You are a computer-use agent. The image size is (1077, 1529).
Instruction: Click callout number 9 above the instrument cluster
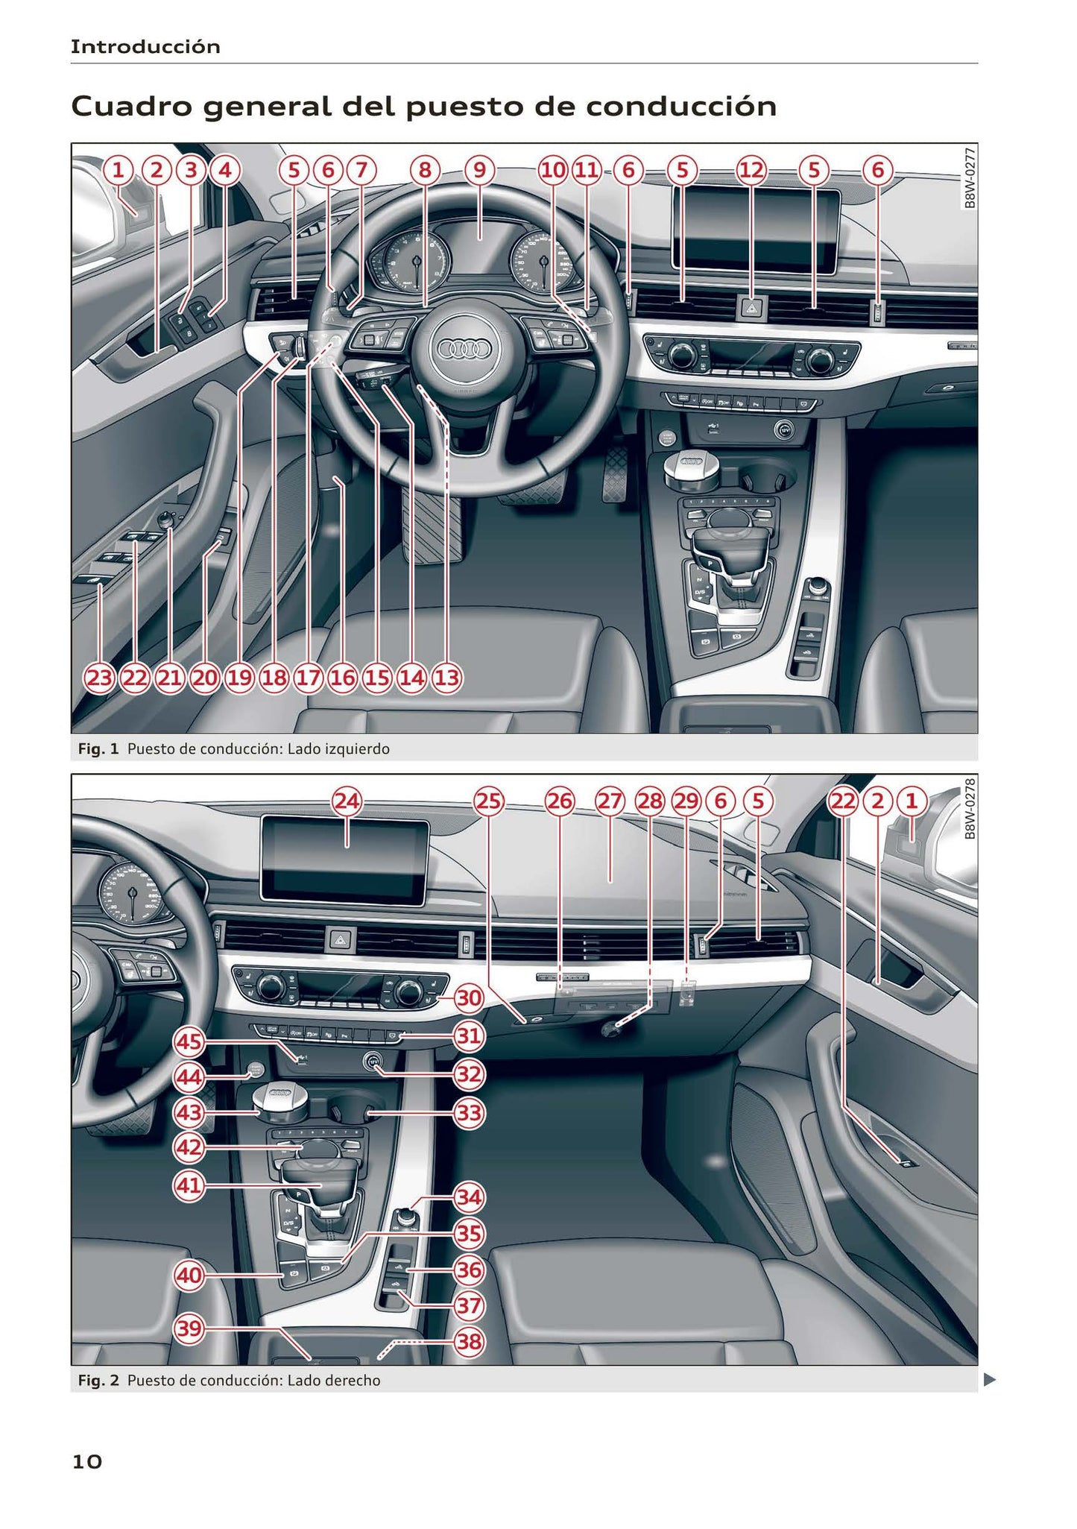tap(479, 171)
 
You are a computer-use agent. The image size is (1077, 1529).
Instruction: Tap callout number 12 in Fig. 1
tap(751, 171)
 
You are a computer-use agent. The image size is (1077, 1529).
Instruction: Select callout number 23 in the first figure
tap(99, 678)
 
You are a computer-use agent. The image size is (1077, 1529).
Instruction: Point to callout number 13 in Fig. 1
tap(446, 678)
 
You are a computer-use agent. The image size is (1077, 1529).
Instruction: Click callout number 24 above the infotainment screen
tap(347, 801)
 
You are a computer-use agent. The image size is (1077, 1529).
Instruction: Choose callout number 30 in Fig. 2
tap(469, 997)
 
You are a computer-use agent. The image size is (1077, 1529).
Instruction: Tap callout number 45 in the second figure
tap(189, 1041)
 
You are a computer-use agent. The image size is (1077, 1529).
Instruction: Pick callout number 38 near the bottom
tap(469, 1342)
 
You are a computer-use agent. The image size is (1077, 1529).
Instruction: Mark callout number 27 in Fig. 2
tap(610, 801)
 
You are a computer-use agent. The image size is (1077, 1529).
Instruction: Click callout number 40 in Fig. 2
tap(189, 1275)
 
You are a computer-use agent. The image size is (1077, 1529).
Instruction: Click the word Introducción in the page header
tap(145, 47)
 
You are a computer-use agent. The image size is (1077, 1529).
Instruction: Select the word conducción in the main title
tap(681, 107)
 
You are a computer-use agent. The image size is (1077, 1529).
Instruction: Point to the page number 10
tap(86, 1462)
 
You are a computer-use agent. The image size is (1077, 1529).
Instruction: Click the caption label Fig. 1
tap(98, 748)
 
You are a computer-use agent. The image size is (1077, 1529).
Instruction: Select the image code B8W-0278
tap(969, 809)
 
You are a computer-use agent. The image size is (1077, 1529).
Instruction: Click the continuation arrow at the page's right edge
tap(989, 1380)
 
